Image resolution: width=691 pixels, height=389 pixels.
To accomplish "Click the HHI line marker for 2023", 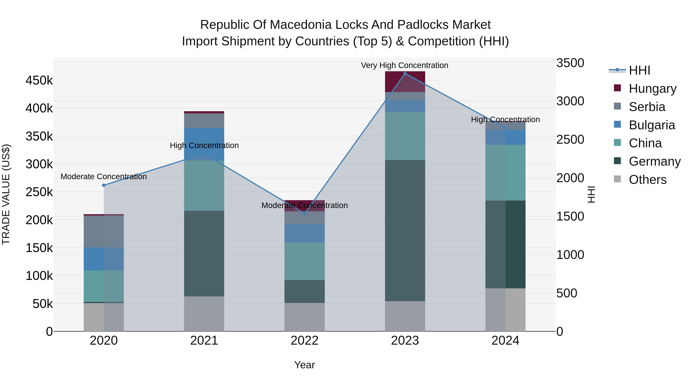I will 405,73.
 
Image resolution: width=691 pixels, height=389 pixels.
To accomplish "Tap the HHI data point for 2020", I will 104,185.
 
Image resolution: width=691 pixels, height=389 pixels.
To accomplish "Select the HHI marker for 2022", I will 304,213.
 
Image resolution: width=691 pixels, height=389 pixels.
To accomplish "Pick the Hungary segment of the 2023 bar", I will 405,82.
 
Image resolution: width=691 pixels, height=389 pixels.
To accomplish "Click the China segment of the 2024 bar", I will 505,173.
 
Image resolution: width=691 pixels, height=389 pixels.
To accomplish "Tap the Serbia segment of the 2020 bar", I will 104,231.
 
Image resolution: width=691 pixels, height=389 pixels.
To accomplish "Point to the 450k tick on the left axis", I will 39,80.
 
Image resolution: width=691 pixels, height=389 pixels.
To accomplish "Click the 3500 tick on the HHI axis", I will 570,63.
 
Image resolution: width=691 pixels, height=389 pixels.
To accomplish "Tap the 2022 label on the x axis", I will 304,341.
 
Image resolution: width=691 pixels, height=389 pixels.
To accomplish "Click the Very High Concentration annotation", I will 404,65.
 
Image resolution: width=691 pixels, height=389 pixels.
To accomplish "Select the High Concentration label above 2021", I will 204,145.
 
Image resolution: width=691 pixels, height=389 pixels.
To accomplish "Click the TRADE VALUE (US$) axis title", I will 6,194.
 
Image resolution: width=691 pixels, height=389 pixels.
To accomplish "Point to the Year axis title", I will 304,365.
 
